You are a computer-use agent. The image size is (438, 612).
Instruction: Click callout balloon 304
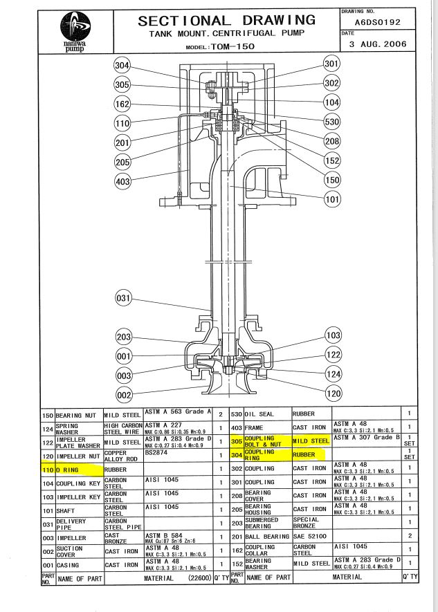pos(122,66)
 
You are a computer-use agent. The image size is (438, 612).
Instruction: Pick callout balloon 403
pos(122,181)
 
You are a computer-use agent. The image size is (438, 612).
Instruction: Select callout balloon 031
pos(122,299)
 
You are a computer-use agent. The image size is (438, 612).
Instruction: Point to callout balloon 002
pos(122,395)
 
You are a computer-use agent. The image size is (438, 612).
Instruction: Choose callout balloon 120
pos(334,394)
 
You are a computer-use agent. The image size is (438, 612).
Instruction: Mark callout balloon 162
pos(122,104)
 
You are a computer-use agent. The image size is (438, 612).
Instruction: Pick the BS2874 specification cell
pos(177,454)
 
